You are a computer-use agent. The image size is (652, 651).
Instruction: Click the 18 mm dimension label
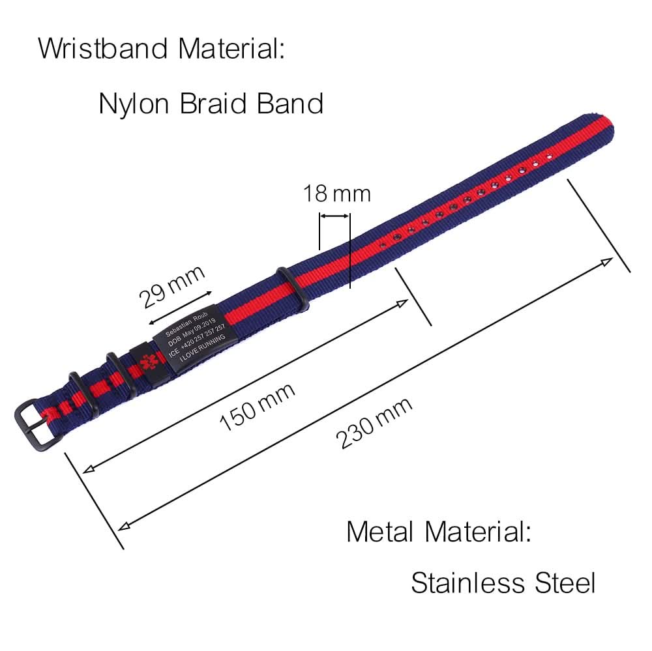336,194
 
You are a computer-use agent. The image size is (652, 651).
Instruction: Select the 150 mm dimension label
257,406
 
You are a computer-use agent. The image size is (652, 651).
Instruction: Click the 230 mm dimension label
374,423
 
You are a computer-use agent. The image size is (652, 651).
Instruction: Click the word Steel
565,582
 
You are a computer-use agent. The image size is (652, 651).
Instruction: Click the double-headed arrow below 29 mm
181,308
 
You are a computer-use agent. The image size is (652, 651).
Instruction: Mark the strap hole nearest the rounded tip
549,156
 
